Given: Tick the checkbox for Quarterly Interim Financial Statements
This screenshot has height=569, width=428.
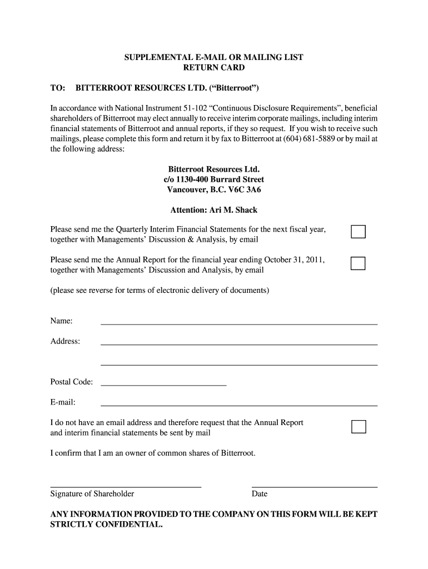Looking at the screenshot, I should click(358, 232).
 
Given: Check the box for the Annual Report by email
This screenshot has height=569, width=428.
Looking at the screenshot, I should click(358, 263).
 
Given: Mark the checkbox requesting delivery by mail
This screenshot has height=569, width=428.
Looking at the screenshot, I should click(359, 427).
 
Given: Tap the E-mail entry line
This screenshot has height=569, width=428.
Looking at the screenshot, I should click(238, 404).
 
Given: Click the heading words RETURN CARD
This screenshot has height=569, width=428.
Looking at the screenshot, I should click(214, 68).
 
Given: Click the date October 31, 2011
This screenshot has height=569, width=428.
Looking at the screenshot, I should click(294, 259).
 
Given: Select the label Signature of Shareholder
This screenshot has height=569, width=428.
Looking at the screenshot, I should click(92, 494).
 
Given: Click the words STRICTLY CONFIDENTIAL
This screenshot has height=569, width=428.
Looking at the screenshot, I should click(107, 525).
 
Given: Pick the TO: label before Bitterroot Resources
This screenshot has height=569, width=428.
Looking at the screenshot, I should click(58, 88).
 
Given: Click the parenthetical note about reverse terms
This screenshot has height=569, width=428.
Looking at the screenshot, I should click(160, 291).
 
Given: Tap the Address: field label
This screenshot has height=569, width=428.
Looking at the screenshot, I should click(65, 341).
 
